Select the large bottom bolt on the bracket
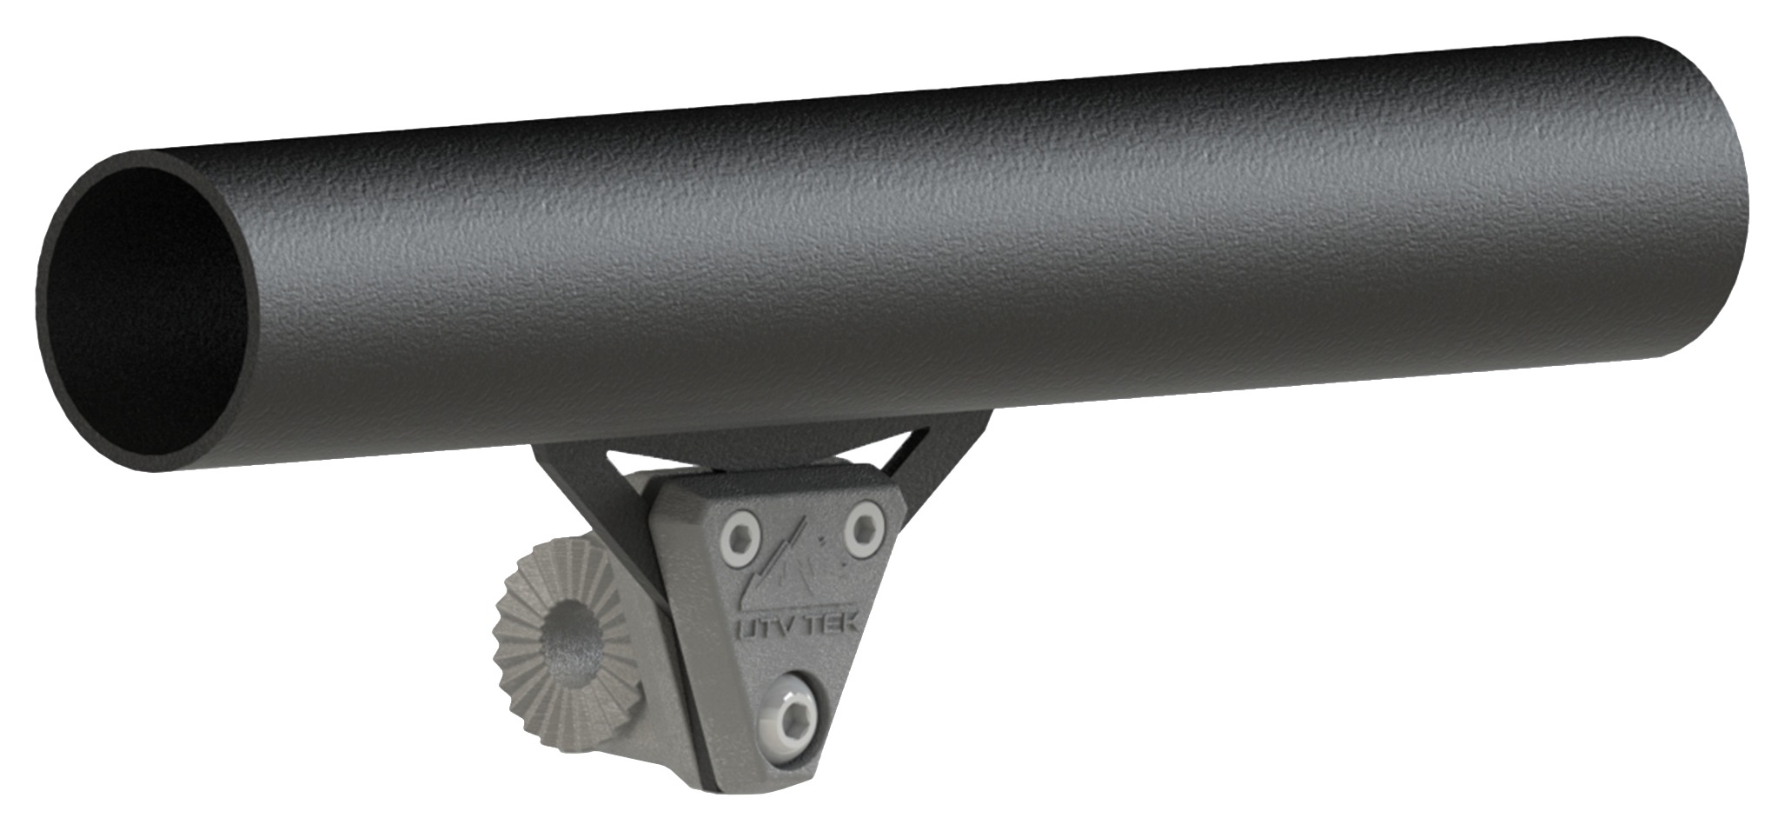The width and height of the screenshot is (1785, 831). pyautogui.click(x=788, y=714)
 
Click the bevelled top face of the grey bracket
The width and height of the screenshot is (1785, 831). pyautogui.click(x=765, y=482)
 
